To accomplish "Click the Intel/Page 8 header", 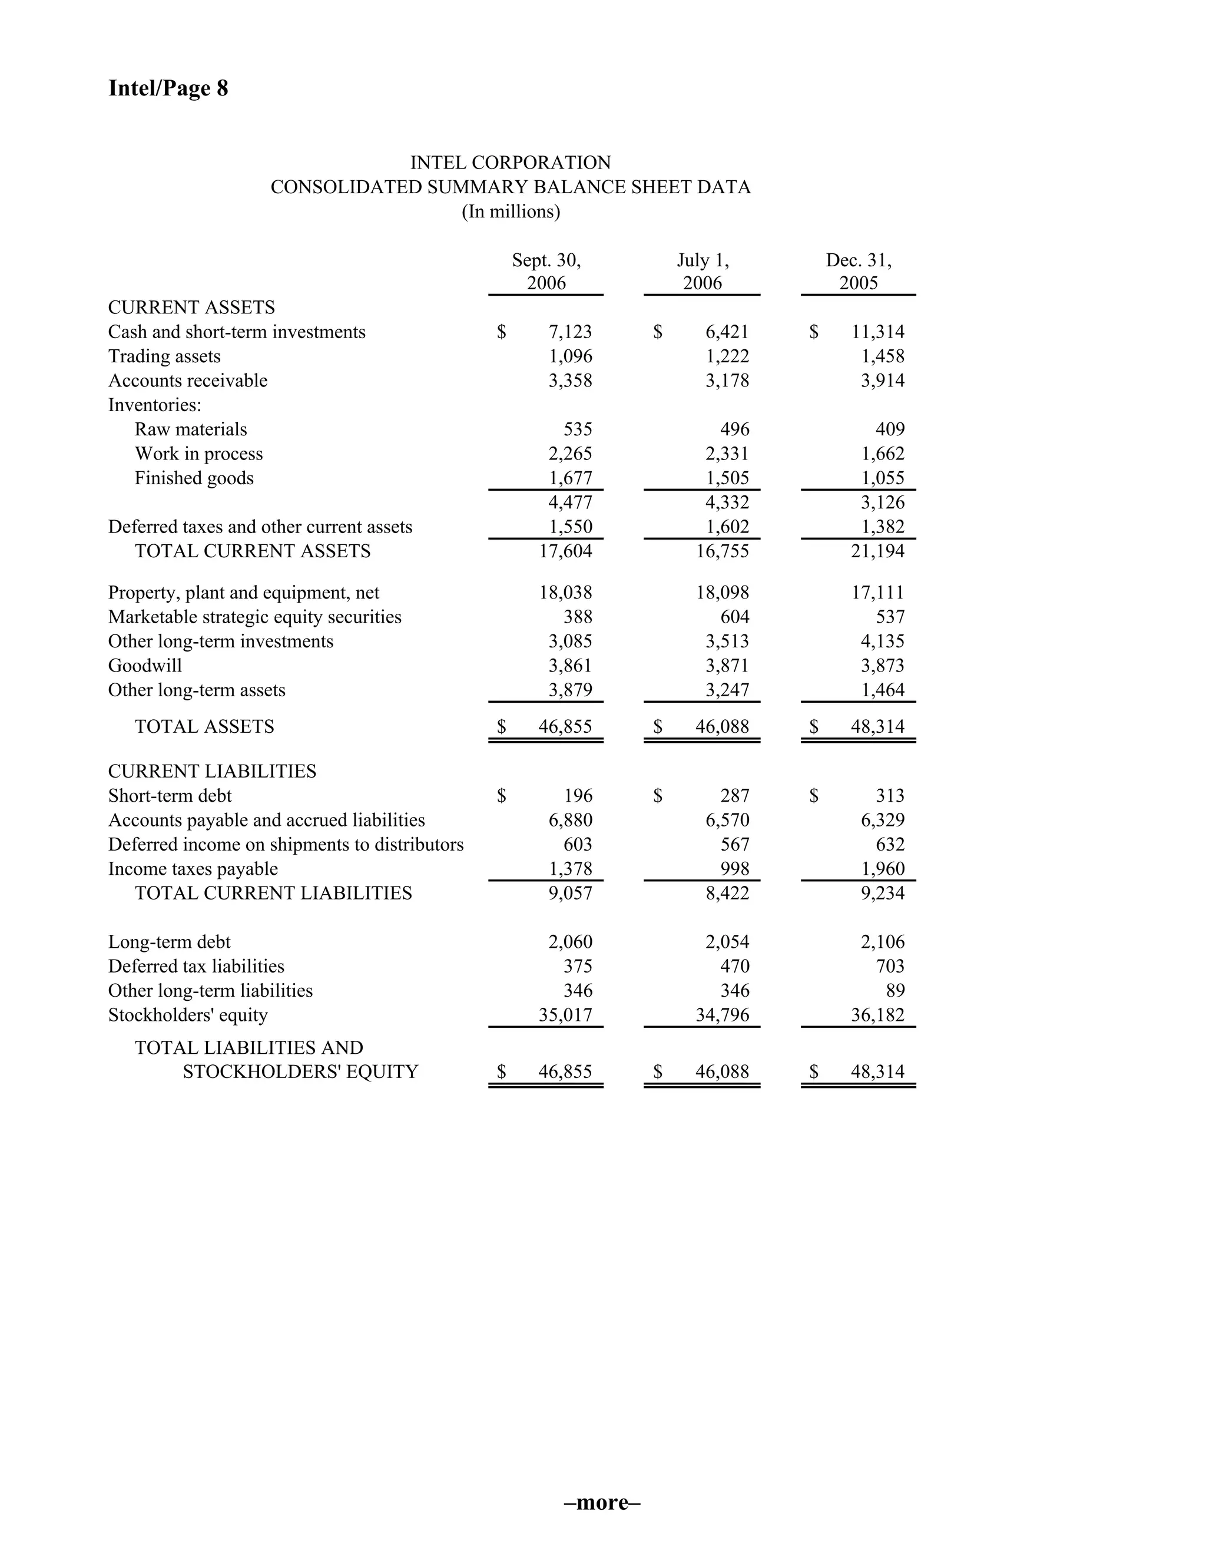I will click(168, 88).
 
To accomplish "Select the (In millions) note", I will click(510, 211).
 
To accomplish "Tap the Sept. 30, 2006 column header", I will click(546, 272).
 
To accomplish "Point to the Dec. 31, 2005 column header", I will click(858, 272).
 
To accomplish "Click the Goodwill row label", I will click(145, 666).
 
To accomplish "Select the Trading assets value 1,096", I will click(570, 356).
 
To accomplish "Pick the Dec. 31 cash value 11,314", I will click(877, 332).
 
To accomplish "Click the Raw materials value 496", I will click(734, 429).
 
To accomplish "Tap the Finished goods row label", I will click(194, 478).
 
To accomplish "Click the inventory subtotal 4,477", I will click(570, 502).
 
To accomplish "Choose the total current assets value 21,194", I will click(877, 551).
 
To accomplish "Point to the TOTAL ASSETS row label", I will click(204, 726).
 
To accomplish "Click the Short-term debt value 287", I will click(734, 795).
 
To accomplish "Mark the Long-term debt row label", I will click(170, 942).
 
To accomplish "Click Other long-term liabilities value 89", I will click(894, 991).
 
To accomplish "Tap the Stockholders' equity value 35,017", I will click(565, 1015).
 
